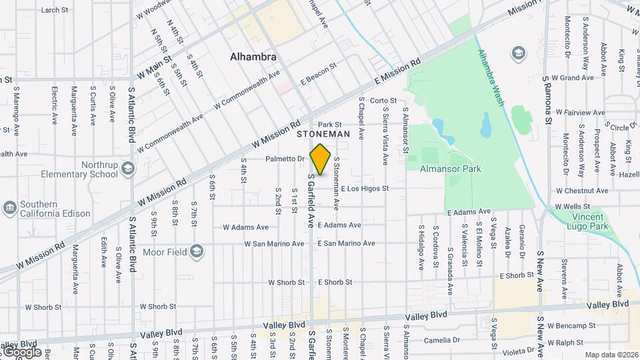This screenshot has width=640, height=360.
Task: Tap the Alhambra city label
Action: click(x=253, y=57)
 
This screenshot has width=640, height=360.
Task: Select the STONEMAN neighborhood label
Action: click(x=323, y=134)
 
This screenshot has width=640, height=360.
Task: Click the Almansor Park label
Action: click(x=451, y=169)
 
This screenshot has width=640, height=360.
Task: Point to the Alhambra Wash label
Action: click(x=490, y=77)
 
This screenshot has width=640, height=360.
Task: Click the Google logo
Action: click(x=21, y=351)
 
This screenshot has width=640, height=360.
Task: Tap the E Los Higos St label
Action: click(x=374, y=189)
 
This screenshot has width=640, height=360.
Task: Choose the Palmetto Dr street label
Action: click(x=285, y=159)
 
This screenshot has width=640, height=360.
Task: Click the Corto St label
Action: click(x=383, y=101)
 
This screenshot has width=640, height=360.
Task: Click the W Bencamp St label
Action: click(x=571, y=326)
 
